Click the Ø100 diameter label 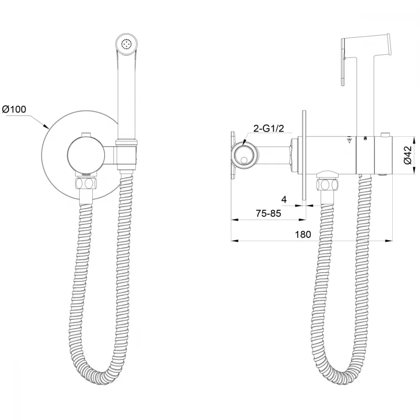click(14, 109)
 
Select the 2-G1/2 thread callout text click(268, 129)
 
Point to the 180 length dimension click(303, 234)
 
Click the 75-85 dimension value click(268, 213)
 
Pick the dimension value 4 click(284, 199)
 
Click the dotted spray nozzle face click(127, 44)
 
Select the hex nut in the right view click(327, 185)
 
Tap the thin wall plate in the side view click(304, 155)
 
